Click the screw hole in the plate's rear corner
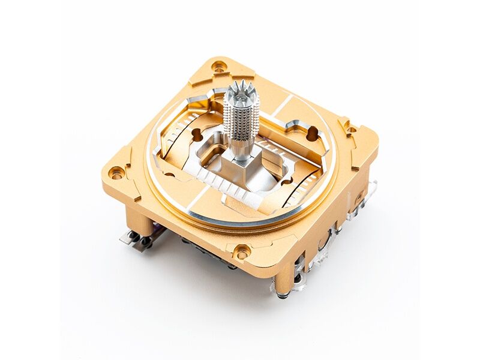(220, 65)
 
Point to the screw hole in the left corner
(117, 172)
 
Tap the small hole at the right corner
(352, 129)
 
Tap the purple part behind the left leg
(157, 227)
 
